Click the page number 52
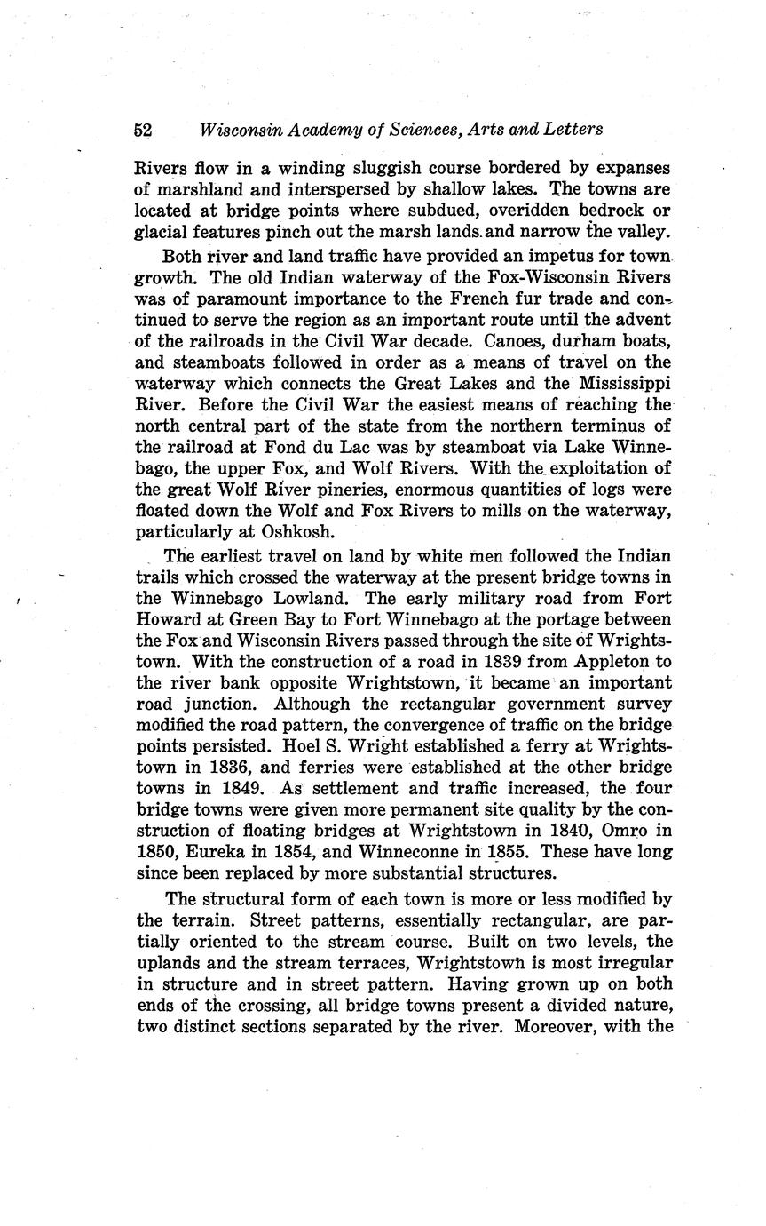click(143, 130)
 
